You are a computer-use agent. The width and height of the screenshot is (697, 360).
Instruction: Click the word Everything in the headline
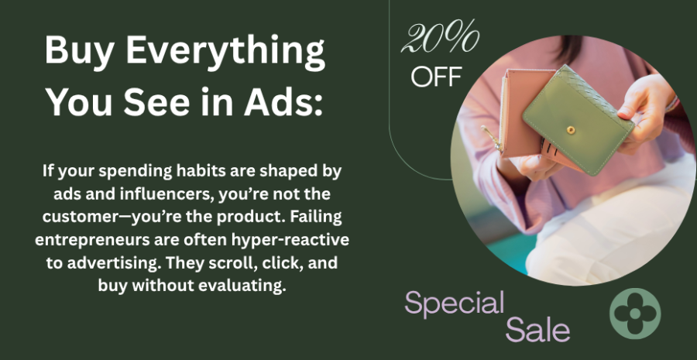225,51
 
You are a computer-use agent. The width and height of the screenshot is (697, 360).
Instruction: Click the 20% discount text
440,37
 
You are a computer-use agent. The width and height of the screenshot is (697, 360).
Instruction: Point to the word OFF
436,77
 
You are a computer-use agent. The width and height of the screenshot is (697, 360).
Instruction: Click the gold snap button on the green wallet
571,130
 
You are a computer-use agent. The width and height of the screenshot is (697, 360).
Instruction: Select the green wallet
578,119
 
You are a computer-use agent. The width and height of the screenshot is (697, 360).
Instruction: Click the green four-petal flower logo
635,314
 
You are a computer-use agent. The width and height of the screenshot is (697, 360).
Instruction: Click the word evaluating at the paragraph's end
242,286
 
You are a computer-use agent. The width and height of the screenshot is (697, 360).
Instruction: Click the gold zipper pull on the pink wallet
492,137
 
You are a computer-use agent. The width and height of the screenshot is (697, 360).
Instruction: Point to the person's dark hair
567,50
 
